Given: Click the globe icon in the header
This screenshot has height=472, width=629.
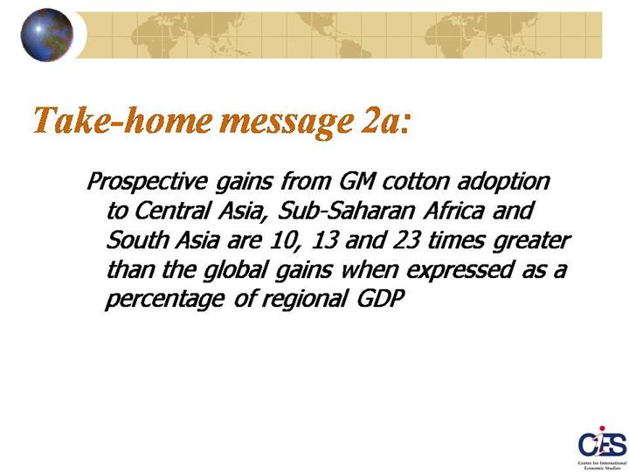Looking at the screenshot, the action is pyautogui.click(x=47, y=35).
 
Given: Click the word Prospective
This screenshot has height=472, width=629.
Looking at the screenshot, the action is pyautogui.click(x=147, y=182).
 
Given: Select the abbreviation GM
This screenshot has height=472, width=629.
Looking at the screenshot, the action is pyautogui.click(x=356, y=181).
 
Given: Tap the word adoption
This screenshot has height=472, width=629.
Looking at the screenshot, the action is pyautogui.click(x=503, y=182).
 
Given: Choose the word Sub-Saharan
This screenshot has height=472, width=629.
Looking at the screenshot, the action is pyautogui.click(x=345, y=211).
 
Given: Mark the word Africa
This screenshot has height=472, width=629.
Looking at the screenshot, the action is pyautogui.click(x=453, y=211).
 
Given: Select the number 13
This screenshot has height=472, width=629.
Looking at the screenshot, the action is pyautogui.click(x=325, y=240).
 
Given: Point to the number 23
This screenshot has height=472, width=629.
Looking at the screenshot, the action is pyautogui.click(x=406, y=240).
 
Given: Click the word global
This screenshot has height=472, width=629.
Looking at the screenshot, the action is pyautogui.click(x=235, y=270).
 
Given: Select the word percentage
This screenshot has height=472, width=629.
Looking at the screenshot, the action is pyautogui.click(x=164, y=300).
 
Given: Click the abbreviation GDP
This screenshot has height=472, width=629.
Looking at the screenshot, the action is pyautogui.click(x=381, y=299).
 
